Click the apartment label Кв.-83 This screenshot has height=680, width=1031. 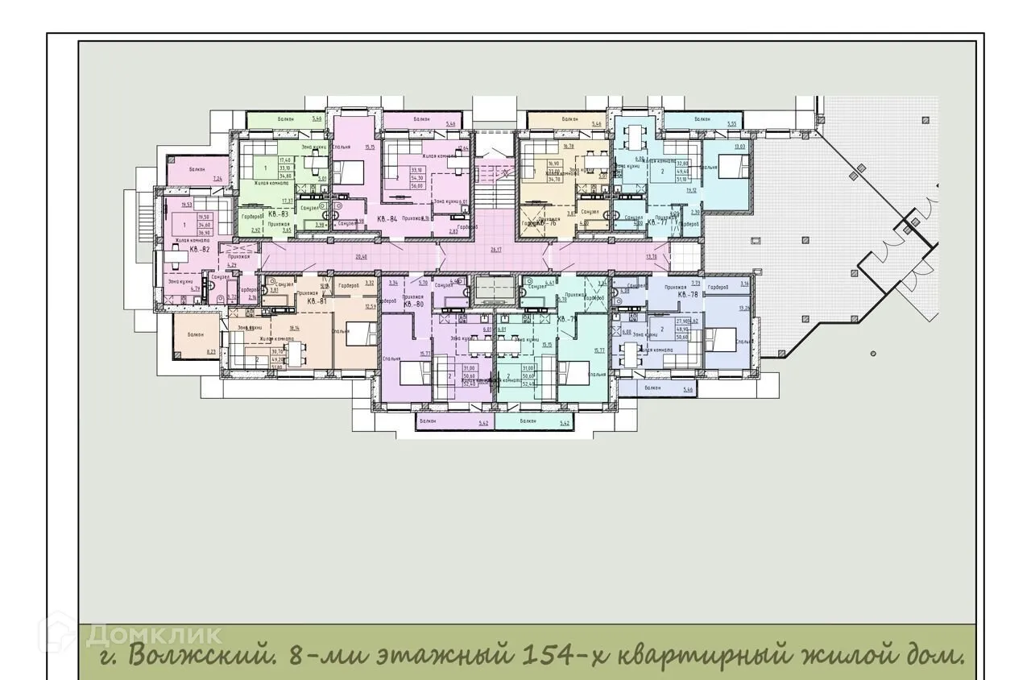pos(279,215)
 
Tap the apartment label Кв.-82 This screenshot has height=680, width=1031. pos(200,250)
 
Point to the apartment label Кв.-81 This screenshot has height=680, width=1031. pos(317,301)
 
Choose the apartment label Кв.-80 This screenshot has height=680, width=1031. pos(413,305)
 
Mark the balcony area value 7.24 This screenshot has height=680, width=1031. pos(217,177)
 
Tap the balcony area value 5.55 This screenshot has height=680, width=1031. pos(731,124)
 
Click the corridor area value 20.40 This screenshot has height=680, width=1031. pos(361,257)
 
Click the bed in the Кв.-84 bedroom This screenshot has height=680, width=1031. pos(347,172)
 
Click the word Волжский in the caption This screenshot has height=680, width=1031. pos(193,653)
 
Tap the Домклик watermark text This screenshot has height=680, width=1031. pos(153,633)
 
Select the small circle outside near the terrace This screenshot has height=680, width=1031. pos(873,353)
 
